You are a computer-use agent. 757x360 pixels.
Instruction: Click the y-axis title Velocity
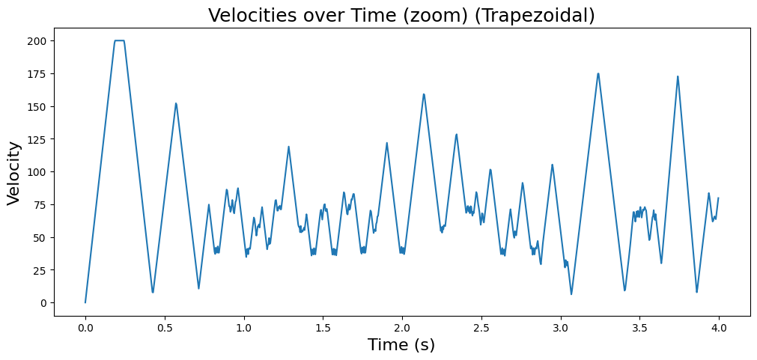click(13, 173)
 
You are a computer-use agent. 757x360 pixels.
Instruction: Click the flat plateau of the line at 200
click(119, 40)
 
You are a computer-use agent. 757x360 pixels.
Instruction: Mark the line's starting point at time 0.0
click(85, 302)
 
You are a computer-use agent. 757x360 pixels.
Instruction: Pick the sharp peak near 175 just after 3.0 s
click(598, 73)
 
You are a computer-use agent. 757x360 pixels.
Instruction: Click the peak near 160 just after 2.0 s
click(424, 94)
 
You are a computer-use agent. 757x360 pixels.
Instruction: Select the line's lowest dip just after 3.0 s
click(571, 294)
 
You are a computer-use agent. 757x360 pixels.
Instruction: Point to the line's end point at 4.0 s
click(718, 198)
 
